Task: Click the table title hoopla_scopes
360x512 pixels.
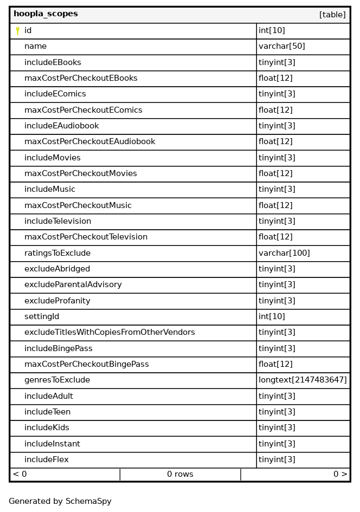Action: coord(46,14)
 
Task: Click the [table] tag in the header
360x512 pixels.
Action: coord(332,15)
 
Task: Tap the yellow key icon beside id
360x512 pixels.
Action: coord(17,31)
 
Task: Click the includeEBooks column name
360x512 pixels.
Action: coord(53,62)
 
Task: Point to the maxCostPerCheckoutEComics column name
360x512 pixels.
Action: coord(83,110)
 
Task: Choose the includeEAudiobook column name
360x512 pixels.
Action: coord(61,126)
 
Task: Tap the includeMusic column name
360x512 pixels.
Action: coord(50,190)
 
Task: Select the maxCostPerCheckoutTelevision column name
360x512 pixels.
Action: coord(86,237)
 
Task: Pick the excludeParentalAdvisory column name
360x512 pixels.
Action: coord(73,284)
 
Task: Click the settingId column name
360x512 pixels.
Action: coord(42,316)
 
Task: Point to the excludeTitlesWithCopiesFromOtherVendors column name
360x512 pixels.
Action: coord(110,332)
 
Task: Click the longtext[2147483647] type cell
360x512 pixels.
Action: coord(303,380)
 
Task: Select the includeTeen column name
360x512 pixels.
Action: coord(47,412)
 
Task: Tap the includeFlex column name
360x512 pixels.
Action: coord(46,459)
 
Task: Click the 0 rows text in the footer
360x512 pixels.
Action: coord(180,474)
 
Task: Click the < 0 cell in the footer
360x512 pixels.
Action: coord(20,474)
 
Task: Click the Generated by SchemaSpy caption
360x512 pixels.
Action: coord(60,501)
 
